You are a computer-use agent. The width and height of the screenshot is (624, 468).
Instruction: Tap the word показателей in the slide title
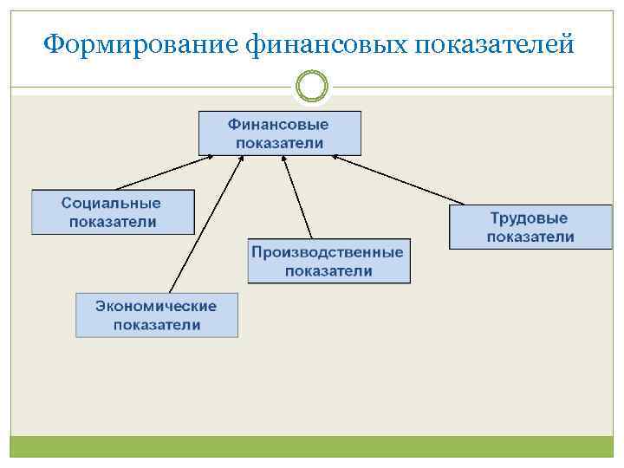(x=494, y=43)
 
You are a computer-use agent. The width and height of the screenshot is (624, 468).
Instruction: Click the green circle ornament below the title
(x=312, y=86)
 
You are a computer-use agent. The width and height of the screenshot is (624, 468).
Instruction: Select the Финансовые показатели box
(x=279, y=133)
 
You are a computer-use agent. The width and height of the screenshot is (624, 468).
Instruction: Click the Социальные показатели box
(x=113, y=212)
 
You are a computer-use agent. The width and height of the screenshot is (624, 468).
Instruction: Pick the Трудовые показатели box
(x=530, y=227)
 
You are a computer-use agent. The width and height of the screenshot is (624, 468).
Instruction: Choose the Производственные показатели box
(x=328, y=261)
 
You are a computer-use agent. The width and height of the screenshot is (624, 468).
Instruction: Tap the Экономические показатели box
(x=156, y=315)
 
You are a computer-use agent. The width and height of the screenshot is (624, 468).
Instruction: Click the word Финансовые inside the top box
(x=279, y=125)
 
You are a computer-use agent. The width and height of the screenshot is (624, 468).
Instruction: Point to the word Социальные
(x=111, y=203)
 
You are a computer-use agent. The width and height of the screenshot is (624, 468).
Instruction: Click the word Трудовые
(x=530, y=218)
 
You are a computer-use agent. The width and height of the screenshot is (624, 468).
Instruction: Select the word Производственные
(x=328, y=252)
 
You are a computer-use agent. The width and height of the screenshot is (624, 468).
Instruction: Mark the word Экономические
(x=156, y=306)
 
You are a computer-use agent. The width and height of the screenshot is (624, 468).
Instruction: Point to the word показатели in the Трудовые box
(x=530, y=237)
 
